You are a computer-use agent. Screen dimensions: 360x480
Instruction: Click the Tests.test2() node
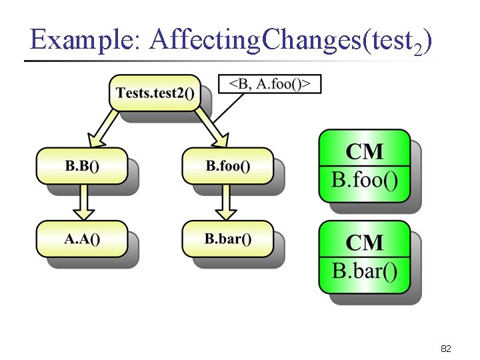[x=155, y=93]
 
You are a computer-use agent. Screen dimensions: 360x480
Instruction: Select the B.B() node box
[x=81, y=166]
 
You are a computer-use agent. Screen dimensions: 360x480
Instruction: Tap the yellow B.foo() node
[x=227, y=166]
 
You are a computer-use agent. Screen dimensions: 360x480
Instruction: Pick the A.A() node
[x=81, y=239]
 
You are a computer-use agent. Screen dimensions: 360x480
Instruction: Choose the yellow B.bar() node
[x=227, y=239]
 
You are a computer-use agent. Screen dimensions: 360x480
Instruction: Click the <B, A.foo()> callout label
[x=270, y=84]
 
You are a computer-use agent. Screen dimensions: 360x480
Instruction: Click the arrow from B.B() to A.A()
[x=83, y=202]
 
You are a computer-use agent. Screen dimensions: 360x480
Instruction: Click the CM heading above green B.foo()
[x=364, y=151]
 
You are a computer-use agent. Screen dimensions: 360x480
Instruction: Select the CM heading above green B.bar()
[x=364, y=242]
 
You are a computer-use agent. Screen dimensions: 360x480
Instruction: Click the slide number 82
[x=446, y=349]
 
